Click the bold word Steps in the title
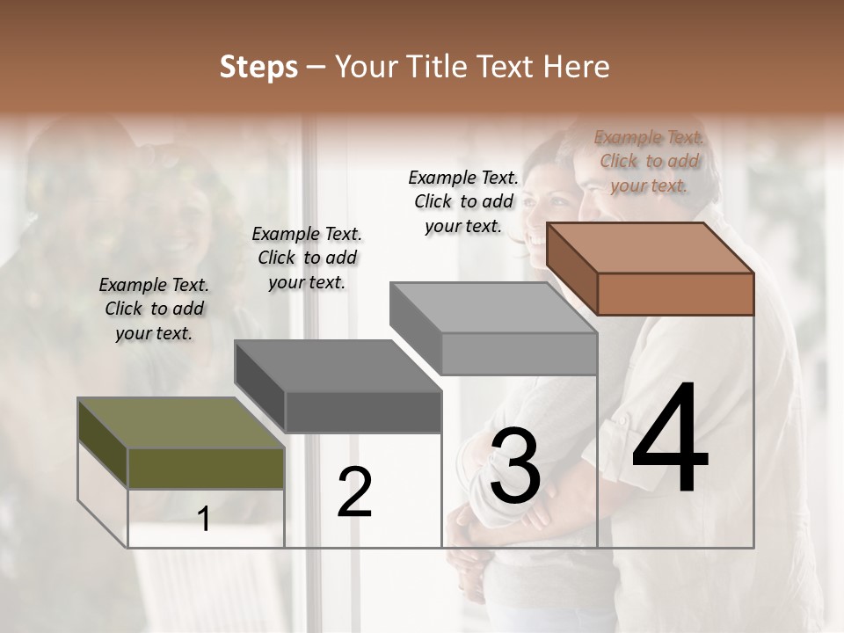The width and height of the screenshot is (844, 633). click(258, 67)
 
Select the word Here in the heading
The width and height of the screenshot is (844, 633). click(578, 67)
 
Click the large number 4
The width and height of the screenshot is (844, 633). click(670, 440)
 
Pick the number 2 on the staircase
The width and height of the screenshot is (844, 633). click(354, 492)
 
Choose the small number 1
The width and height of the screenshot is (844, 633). click(204, 520)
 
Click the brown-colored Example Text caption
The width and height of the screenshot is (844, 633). click(649, 161)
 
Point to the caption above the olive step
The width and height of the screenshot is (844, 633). click(154, 309)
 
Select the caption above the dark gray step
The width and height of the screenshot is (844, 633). click(307, 258)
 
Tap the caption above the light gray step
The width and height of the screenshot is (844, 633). click(463, 201)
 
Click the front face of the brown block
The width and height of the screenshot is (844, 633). click(675, 294)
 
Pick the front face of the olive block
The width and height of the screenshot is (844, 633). click(206, 468)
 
